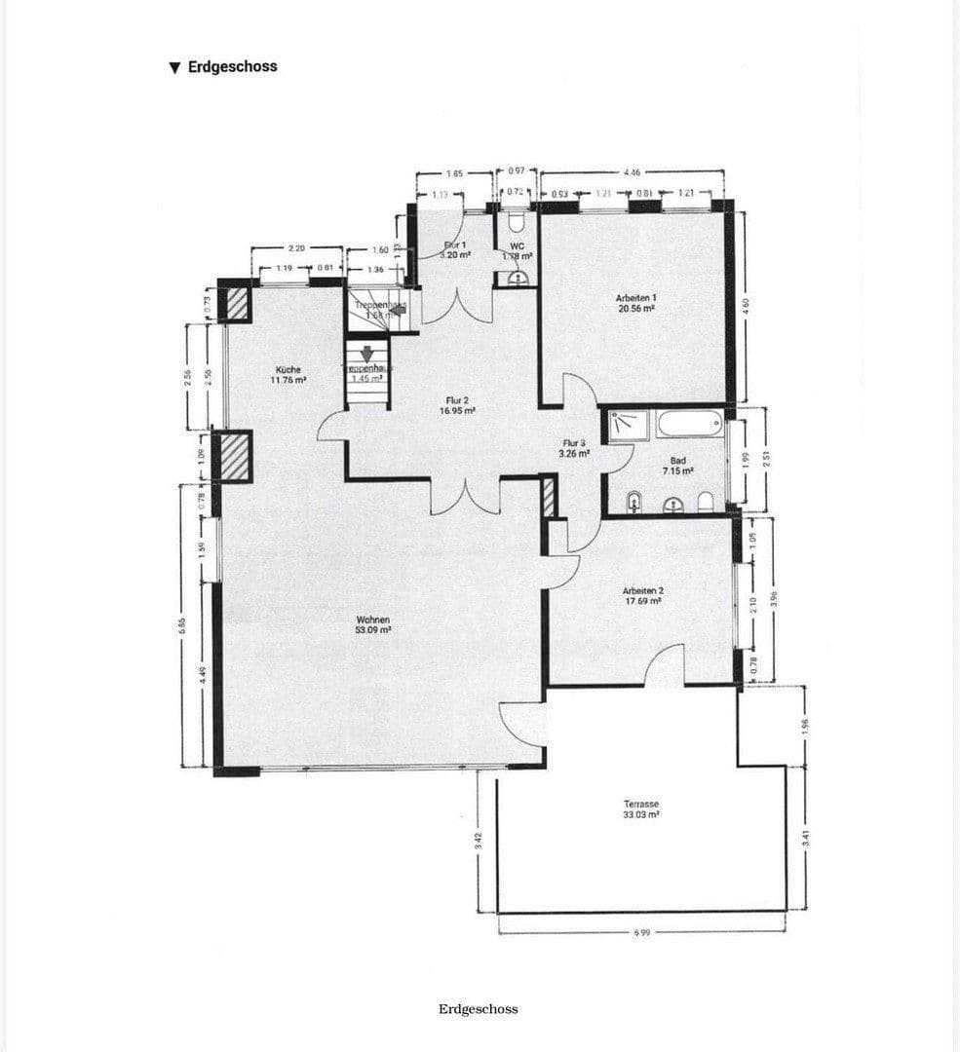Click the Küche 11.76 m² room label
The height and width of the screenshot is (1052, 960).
(288, 375)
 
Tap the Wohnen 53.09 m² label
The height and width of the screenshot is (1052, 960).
(373, 624)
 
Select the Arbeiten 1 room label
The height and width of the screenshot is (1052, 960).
(634, 302)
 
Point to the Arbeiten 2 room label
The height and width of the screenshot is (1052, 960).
(642, 596)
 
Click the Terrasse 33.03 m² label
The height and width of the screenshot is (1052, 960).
(641, 809)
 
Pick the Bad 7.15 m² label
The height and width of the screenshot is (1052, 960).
(678, 466)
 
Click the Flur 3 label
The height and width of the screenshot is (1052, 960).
(574, 448)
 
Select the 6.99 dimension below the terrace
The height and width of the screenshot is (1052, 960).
(641, 932)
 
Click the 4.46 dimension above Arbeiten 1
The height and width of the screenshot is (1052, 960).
(631, 172)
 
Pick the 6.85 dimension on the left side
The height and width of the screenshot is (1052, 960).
(182, 623)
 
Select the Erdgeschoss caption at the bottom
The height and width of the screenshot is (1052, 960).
(478, 1008)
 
